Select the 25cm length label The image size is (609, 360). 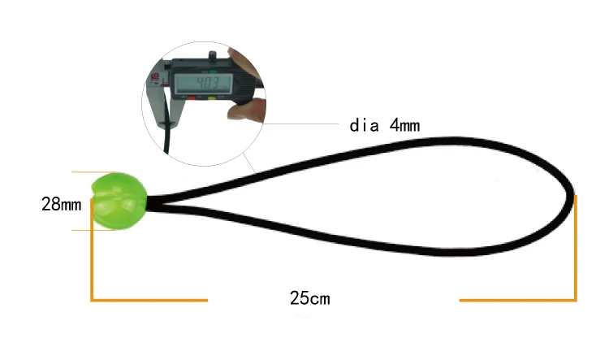(309, 298)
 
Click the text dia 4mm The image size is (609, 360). (385, 125)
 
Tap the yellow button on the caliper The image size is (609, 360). (214, 99)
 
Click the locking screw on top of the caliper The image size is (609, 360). (212, 55)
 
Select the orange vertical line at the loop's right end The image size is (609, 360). (576, 248)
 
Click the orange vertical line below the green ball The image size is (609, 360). (91, 260)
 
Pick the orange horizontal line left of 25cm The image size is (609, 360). (149, 300)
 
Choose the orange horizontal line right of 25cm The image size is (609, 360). (517, 300)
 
